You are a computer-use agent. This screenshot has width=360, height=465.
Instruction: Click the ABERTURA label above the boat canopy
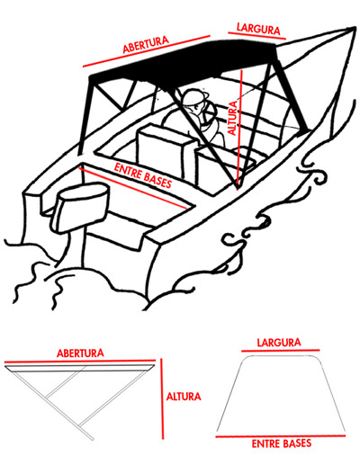click(146, 45)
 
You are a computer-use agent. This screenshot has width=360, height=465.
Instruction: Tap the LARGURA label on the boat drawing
click(258, 29)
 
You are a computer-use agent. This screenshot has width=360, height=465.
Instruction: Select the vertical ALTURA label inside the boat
click(233, 118)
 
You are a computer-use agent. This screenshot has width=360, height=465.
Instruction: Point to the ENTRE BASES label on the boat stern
click(143, 175)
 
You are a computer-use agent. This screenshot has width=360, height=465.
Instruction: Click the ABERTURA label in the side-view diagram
click(80, 353)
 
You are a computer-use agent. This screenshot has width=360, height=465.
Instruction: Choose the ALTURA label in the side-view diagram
click(184, 397)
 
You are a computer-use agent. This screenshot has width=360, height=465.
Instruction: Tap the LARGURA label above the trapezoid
click(279, 343)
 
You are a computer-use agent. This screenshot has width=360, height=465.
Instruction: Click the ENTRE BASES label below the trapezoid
click(282, 443)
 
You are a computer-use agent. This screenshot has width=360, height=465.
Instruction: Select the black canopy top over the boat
click(183, 61)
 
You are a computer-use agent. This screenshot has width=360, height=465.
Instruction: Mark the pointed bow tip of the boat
click(354, 28)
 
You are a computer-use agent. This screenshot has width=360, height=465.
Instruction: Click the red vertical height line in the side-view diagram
click(162, 399)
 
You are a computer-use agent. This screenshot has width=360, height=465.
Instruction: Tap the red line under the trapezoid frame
click(281, 436)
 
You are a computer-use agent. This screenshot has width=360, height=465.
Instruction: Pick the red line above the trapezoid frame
click(281, 350)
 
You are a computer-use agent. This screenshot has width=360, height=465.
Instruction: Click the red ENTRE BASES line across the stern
click(132, 188)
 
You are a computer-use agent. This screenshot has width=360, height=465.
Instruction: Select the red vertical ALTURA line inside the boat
click(240, 129)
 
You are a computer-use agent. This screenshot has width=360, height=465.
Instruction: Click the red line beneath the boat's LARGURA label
click(257, 35)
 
